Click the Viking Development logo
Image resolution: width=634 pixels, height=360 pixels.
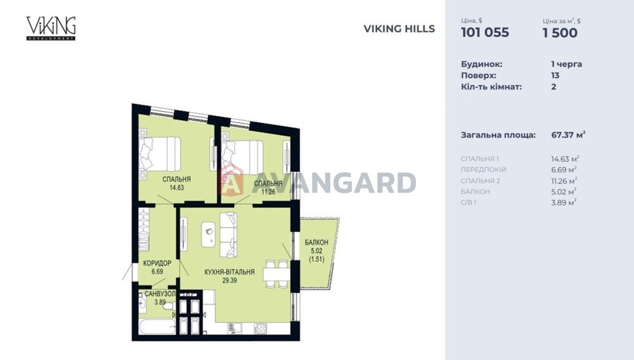point(51,28)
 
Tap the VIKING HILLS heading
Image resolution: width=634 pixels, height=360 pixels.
point(399,29)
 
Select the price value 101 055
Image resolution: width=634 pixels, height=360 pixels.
point(484,33)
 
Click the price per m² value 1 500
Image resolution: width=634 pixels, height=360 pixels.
point(560,33)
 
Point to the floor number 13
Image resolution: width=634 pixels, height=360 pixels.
point(555,75)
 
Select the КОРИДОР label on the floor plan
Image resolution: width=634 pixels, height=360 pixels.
point(157,263)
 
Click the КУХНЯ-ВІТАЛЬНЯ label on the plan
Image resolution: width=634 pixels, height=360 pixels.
point(230,272)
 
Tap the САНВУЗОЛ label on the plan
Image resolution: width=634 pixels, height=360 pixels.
point(156,295)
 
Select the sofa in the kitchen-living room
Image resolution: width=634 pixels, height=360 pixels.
point(228,231)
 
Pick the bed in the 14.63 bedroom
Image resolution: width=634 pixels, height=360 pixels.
point(160,154)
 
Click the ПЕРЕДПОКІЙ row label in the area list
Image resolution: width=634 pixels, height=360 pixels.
point(484,170)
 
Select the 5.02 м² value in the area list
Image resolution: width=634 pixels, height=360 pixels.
point(563,191)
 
